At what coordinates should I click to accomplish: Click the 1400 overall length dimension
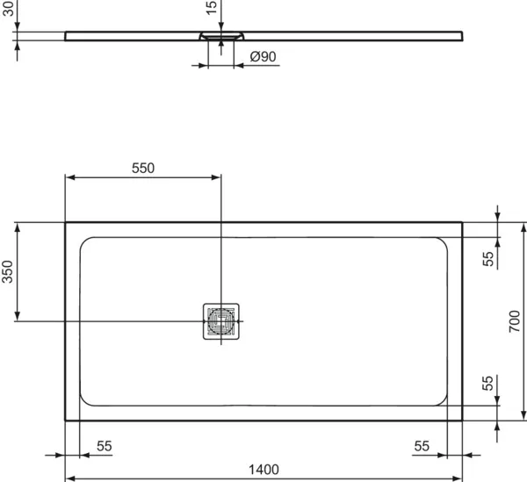[x=263, y=469]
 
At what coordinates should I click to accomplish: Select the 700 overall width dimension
[x=515, y=322]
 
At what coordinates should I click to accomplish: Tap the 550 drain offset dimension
[x=142, y=168]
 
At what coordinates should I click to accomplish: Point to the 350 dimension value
[x=9, y=271]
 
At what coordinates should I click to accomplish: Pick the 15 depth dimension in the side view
[x=212, y=8]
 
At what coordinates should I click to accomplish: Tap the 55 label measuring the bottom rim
[x=488, y=384]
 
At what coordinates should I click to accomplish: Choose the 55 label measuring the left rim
[x=105, y=446]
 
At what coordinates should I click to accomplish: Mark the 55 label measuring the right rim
[x=422, y=446]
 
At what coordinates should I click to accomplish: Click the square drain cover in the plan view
[x=220, y=321]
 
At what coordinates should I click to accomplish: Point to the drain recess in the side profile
[x=220, y=37]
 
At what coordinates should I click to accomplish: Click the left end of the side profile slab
[x=68, y=36]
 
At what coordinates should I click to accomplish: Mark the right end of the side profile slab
[x=460, y=36]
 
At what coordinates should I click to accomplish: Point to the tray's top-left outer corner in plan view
[x=66, y=222]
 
